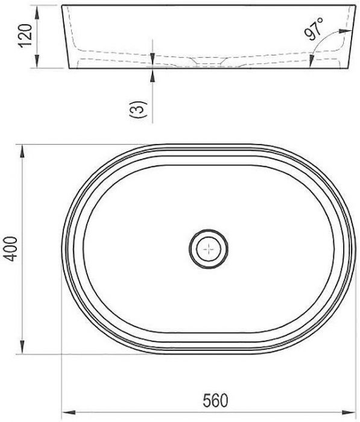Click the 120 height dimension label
[25, 36]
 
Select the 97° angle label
[314, 28]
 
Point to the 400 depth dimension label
[11, 249]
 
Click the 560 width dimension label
[215, 400]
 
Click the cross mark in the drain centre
[209, 249]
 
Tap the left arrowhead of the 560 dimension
[69, 412]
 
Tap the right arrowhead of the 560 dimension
[349, 412]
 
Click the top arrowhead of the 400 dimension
[22, 152]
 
